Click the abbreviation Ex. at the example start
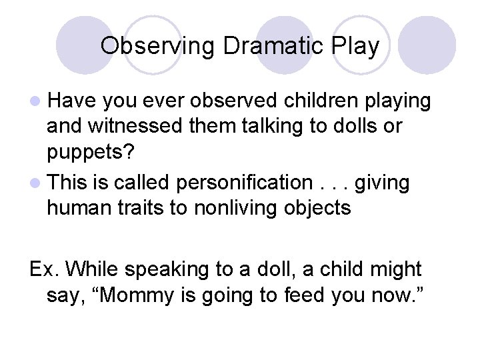(x=45, y=269)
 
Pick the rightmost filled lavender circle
(x=427, y=45)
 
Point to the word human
(x=79, y=208)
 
